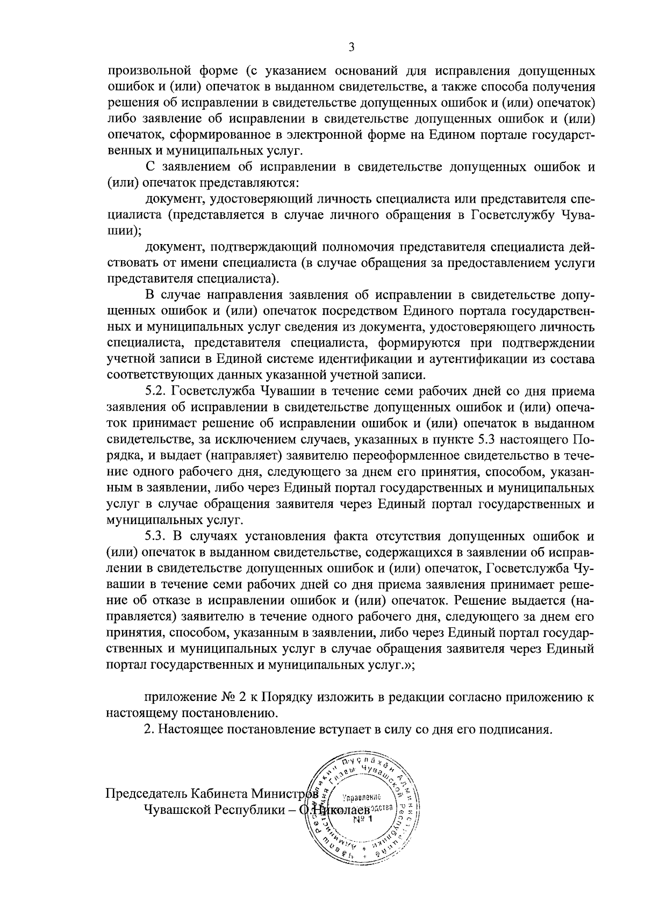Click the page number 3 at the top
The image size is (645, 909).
coord(351,47)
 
